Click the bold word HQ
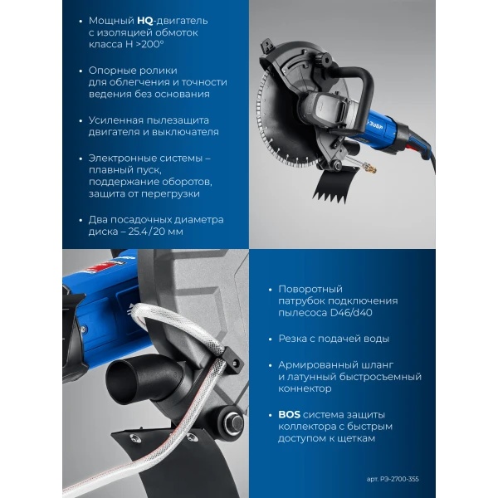coord(144,21)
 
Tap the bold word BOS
coord(289,414)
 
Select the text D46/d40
coord(351,313)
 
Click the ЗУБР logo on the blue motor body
coord(376,124)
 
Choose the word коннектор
coord(305,388)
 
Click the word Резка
coord(292,339)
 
